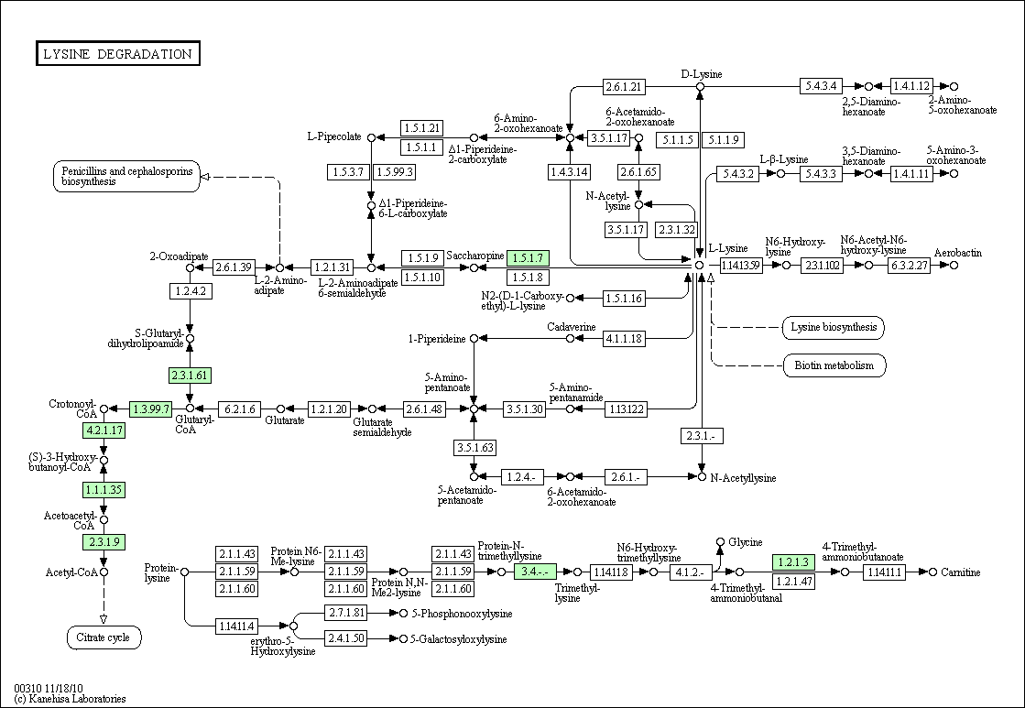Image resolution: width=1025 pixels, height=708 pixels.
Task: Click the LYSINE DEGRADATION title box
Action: tap(117, 54)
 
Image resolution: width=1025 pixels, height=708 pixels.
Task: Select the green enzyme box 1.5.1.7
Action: tap(528, 257)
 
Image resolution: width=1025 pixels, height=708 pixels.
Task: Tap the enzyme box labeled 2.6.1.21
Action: tap(624, 86)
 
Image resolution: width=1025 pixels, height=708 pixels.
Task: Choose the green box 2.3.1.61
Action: tap(191, 376)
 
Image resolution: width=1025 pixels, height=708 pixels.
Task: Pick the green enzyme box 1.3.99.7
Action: tap(151, 409)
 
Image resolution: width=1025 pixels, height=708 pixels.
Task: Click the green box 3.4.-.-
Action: tap(535, 572)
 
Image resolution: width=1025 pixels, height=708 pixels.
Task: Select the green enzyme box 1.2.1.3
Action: tap(793, 562)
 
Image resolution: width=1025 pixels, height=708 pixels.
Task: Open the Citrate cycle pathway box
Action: tap(104, 637)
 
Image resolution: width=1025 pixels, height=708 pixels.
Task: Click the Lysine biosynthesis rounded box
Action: tap(834, 328)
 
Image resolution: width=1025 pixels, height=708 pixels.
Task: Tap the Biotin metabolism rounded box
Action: tap(834, 365)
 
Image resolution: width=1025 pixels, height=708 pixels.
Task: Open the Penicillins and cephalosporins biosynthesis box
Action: tap(126, 177)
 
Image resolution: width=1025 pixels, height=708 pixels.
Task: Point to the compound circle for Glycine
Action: tap(720, 542)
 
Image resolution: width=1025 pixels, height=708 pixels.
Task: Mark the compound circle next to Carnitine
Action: tap(932, 572)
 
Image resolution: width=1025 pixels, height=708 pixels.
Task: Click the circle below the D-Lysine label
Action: tap(700, 86)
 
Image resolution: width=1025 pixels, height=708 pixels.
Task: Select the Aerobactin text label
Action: tap(957, 253)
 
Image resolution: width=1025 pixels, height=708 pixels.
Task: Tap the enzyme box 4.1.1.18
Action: tap(624, 339)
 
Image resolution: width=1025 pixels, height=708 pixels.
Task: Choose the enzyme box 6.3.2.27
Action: tap(909, 266)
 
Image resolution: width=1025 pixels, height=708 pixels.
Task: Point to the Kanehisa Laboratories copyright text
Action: tap(70, 698)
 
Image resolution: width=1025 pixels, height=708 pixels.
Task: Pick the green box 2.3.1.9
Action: tap(104, 542)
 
